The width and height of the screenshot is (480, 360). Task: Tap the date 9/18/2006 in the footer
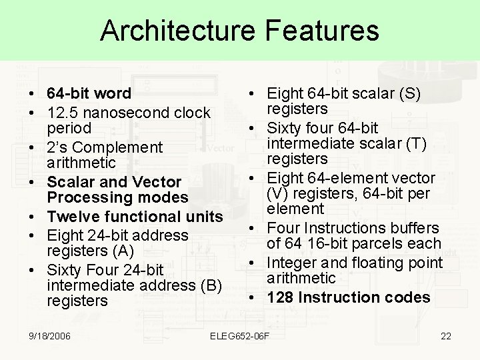click(51, 335)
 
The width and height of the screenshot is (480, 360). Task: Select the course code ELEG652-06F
click(239, 335)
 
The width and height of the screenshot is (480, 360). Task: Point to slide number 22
click(446, 335)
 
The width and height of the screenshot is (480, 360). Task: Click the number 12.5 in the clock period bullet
click(62, 112)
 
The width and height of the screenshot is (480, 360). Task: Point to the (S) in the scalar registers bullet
click(409, 93)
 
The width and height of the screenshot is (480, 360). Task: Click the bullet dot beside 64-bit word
click(32, 94)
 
